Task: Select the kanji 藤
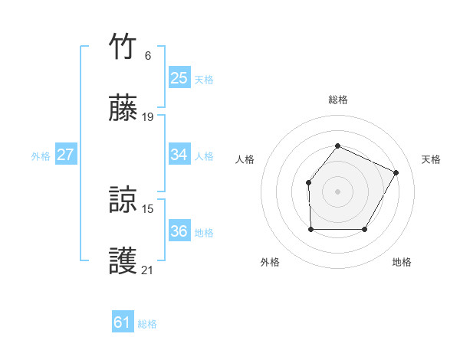(x=123, y=108)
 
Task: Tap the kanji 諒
(x=123, y=199)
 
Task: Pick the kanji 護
(x=123, y=260)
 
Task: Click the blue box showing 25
(x=179, y=77)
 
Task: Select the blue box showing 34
(x=179, y=155)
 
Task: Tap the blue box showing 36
(x=179, y=231)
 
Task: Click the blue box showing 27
(x=65, y=155)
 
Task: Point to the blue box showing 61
(x=122, y=322)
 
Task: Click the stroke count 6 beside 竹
(x=148, y=56)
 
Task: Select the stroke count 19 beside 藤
(x=148, y=117)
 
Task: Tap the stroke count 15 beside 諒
(x=148, y=208)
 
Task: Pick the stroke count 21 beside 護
(x=148, y=270)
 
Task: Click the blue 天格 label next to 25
(x=204, y=79)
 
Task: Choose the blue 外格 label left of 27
(x=41, y=156)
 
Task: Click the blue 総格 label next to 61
(x=147, y=324)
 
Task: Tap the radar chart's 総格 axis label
(x=337, y=100)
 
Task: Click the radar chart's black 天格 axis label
(x=431, y=159)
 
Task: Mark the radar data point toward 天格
(x=396, y=172)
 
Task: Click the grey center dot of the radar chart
(x=337, y=191)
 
